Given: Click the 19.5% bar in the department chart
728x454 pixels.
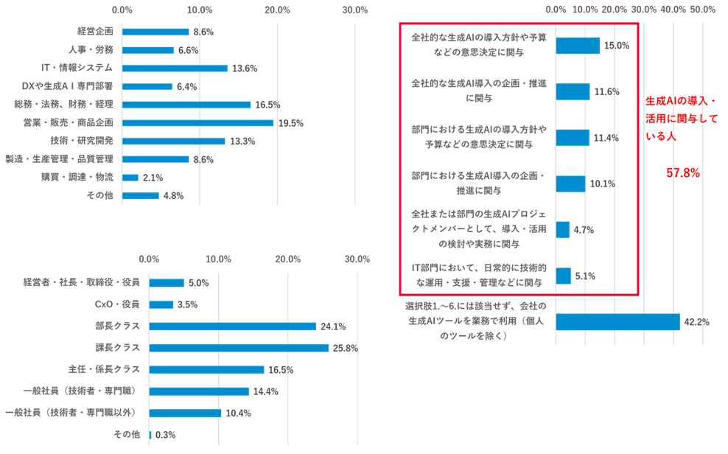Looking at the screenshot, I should (x=197, y=122).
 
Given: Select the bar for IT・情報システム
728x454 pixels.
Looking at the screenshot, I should (x=175, y=68).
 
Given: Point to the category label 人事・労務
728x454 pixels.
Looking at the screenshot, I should (x=95, y=50).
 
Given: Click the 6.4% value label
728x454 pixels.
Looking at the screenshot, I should (x=186, y=86).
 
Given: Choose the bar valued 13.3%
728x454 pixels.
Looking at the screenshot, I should (x=173, y=141).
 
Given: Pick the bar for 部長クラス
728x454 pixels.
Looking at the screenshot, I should (x=232, y=326).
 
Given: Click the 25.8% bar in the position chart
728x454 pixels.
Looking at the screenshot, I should (x=239, y=347).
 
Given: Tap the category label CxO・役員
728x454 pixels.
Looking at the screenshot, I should (x=116, y=304).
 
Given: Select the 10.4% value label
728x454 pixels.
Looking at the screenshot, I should (x=238, y=413).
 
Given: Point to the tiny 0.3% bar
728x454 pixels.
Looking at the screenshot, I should (x=150, y=435).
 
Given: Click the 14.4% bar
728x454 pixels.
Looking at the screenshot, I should (x=199, y=391).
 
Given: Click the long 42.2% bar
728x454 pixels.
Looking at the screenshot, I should (x=617, y=322).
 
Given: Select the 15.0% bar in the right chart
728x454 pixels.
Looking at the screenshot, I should (x=578, y=46).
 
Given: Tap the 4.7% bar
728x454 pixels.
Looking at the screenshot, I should (x=563, y=229).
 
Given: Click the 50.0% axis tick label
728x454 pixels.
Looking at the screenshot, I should (x=703, y=10).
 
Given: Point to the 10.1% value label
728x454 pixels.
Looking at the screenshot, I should (x=602, y=184).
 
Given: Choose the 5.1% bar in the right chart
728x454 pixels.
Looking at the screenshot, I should (x=564, y=276).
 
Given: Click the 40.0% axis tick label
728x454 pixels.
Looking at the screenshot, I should (x=673, y=10).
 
